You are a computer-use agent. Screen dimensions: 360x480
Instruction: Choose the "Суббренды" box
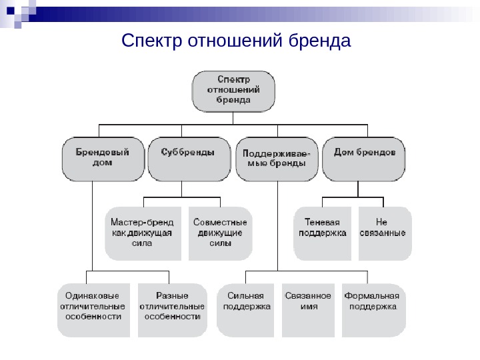tap(189, 159)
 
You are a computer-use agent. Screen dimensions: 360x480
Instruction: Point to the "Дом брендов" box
tap(363, 159)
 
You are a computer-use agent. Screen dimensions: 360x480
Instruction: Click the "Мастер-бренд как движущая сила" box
tap(143, 233)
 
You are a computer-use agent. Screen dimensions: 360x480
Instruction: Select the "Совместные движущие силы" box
tap(221, 233)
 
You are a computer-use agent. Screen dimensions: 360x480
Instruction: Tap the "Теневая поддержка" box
tap(323, 233)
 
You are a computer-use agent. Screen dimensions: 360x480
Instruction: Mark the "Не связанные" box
tap(385, 233)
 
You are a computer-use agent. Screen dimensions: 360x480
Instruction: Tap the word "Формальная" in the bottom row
tap(371, 295)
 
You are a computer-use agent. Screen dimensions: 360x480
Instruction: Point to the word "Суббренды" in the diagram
tap(189, 151)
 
